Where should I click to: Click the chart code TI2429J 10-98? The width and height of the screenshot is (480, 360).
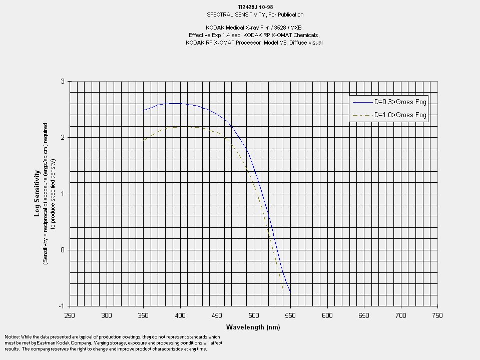pos(255,7)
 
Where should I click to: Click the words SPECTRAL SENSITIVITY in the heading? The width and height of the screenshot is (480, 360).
pos(228,15)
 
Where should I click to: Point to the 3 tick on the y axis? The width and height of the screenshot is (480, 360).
pos(63,81)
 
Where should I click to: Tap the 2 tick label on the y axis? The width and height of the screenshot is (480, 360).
pos(63,137)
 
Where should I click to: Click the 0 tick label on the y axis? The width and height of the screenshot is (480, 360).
pos(63,250)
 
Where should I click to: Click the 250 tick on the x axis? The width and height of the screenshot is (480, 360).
pos(70,315)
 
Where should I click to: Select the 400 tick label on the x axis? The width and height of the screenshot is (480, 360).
pos(180,315)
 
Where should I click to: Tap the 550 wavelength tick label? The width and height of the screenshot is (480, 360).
pos(290,315)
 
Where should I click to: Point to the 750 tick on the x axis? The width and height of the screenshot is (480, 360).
pos(437,315)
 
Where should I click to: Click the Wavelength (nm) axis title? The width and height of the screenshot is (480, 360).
pos(253,327)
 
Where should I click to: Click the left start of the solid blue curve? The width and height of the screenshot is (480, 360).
pos(144,110)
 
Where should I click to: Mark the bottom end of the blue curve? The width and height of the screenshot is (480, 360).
pos(290,292)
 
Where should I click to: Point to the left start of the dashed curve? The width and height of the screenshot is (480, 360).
pos(144,140)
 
